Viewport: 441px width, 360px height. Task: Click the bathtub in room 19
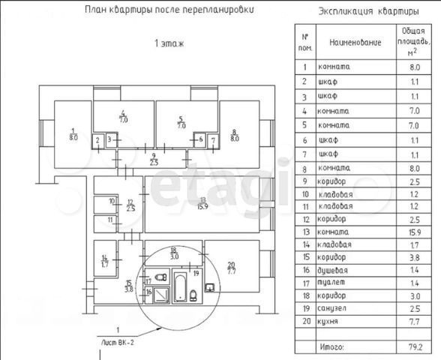click(x=179, y=287)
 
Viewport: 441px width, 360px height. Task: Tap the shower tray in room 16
click(x=161, y=295)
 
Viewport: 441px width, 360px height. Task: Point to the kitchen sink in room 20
click(x=210, y=288)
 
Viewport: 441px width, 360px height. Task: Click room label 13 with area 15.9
click(x=202, y=203)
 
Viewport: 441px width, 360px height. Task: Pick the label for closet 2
click(x=97, y=139)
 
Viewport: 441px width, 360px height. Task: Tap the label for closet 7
click(x=213, y=139)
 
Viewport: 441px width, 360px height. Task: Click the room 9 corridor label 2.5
click(x=154, y=159)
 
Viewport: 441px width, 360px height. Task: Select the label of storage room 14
click(x=105, y=261)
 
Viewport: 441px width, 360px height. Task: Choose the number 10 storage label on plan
click(x=112, y=201)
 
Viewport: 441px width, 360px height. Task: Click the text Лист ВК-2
click(x=118, y=343)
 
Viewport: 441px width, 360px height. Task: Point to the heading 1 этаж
click(x=169, y=43)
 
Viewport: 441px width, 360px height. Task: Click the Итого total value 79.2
click(x=415, y=347)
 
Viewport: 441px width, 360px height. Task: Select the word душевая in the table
click(x=332, y=270)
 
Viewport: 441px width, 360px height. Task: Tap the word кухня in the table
click(x=328, y=321)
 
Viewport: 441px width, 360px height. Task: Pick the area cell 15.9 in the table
click(x=415, y=232)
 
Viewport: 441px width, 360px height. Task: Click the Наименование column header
click(x=355, y=43)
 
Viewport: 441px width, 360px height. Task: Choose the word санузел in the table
click(x=331, y=308)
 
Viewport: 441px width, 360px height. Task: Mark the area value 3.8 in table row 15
click(x=415, y=257)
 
